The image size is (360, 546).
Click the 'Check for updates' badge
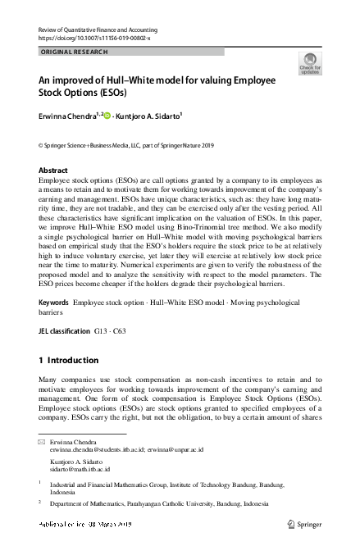coord(310,63)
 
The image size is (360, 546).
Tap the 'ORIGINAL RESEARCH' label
coord(71,51)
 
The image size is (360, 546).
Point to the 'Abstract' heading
coord(53,171)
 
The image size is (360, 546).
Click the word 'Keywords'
coord(53,303)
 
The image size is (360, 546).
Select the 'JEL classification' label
coord(65,331)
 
